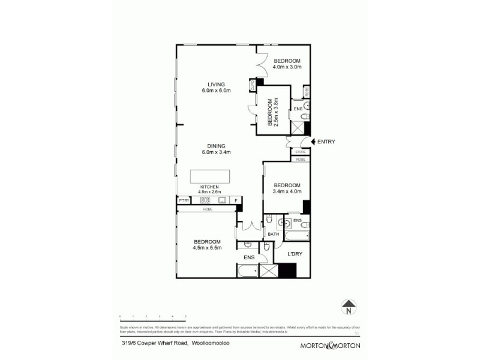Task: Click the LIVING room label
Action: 216,84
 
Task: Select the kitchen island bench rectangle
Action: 210,176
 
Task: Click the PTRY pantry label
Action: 184,200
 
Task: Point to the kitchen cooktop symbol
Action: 205,200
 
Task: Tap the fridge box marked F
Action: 236,200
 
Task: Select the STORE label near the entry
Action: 301,152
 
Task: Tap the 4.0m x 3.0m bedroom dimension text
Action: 286,67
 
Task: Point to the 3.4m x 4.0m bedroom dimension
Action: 286,191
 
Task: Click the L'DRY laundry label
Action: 294,254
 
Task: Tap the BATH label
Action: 273,234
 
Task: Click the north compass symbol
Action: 347,308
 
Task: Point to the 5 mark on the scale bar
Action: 185,316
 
